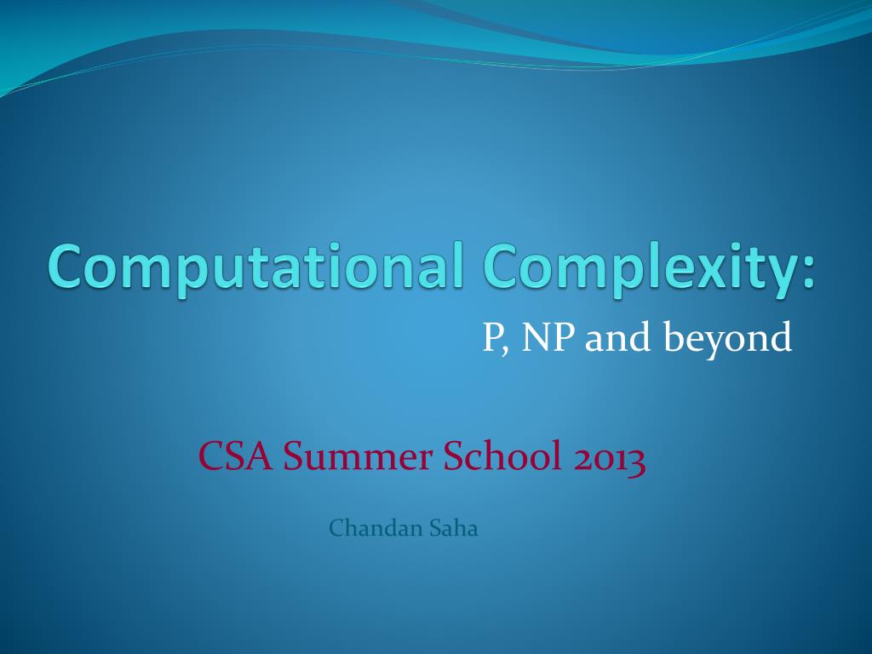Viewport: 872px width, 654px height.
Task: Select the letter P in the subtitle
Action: [492, 338]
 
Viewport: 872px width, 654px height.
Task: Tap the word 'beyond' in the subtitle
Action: [728, 340]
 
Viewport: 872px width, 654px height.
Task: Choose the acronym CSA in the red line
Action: [236, 457]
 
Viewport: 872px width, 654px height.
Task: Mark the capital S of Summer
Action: [293, 457]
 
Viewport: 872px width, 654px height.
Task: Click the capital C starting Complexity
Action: [502, 266]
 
